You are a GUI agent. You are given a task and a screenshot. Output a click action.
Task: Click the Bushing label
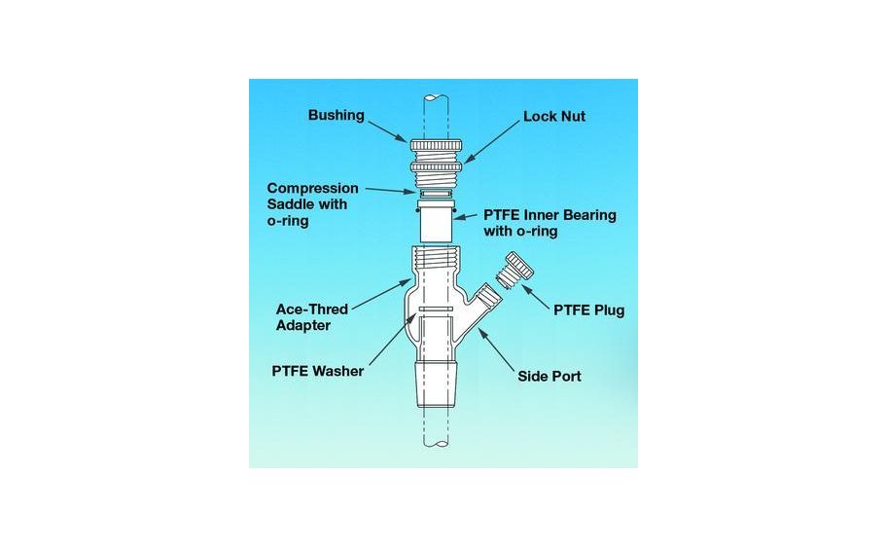(x=336, y=115)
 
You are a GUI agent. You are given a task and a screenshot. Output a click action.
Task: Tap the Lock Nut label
(x=554, y=116)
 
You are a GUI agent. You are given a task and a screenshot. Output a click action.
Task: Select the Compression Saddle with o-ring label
(x=312, y=204)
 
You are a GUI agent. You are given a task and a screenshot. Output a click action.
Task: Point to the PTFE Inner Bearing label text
(x=550, y=223)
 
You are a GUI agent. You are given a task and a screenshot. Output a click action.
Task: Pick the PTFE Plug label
(x=588, y=310)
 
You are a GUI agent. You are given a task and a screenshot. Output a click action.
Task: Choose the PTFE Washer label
(x=317, y=371)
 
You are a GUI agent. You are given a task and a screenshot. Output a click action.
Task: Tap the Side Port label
(x=550, y=375)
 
